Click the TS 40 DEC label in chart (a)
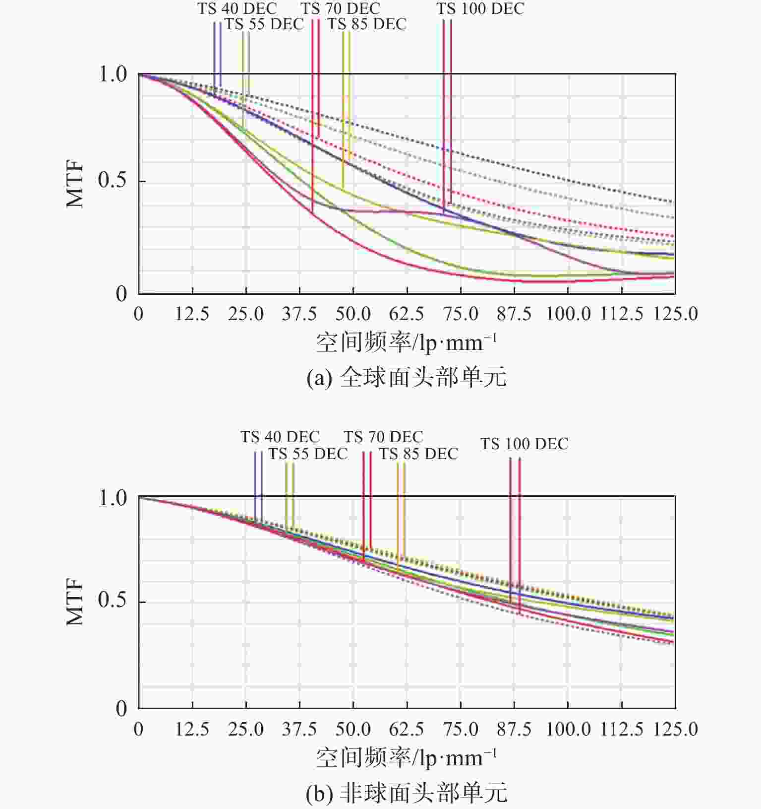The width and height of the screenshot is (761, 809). tap(237, 8)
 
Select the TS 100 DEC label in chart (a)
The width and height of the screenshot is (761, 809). tap(480, 8)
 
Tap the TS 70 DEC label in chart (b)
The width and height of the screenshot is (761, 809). tap(383, 437)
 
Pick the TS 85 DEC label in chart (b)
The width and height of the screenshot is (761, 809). tap(418, 454)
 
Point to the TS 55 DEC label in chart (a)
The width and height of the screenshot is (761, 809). tap(264, 24)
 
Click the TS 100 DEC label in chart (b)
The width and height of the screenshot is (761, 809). tap(524, 444)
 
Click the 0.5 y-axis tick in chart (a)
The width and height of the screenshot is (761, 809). tap(112, 181)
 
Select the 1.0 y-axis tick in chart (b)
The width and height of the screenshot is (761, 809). tap(113, 498)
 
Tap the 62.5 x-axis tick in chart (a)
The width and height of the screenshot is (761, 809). tap(407, 314)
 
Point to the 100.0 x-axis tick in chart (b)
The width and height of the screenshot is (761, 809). tap(568, 729)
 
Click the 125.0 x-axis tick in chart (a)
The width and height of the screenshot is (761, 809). tap(675, 314)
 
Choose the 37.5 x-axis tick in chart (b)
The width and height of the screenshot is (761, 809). tap(299, 729)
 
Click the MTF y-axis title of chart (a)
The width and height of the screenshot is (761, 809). tap(75, 185)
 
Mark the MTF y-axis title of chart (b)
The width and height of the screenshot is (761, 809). tap(75, 602)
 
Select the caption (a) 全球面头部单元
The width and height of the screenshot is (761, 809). tap(407, 378)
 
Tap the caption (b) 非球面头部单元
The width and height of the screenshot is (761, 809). tap(407, 793)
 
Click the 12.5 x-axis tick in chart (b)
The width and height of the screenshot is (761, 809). tap(192, 729)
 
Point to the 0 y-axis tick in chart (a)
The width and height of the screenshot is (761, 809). tap(121, 294)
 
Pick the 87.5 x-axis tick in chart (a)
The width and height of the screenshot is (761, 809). tap(514, 314)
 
